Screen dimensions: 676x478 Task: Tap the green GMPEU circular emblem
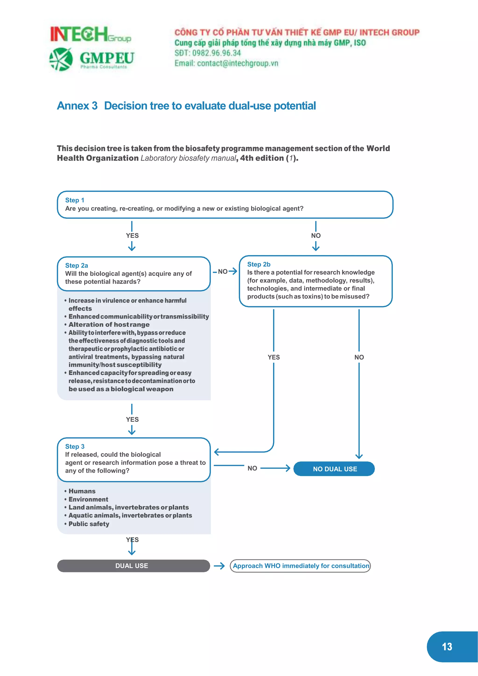tap(61, 59)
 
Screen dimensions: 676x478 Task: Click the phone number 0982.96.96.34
tap(216, 53)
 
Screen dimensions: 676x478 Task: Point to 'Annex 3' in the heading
tap(77, 106)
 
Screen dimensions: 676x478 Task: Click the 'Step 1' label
tap(74, 200)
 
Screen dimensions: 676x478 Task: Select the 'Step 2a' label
tap(77, 266)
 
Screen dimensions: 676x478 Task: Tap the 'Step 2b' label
tap(258, 264)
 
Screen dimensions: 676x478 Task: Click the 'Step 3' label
tap(75, 446)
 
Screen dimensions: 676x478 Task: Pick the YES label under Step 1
tap(132, 236)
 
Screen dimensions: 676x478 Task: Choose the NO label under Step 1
tap(316, 236)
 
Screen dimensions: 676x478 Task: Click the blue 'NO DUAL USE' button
tap(334, 469)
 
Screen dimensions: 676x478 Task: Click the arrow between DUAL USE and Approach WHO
tap(219, 566)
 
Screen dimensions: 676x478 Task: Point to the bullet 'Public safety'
tap(89, 524)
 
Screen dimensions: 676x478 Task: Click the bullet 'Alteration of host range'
tap(109, 324)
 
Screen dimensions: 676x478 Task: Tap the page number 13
tap(447, 647)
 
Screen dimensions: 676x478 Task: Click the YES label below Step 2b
tap(274, 357)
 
